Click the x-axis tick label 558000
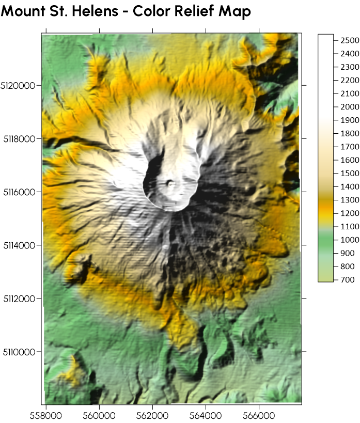pos(45,415)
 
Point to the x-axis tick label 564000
pos(205,415)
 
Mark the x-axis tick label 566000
pos(258,415)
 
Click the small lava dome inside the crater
pos(170,183)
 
